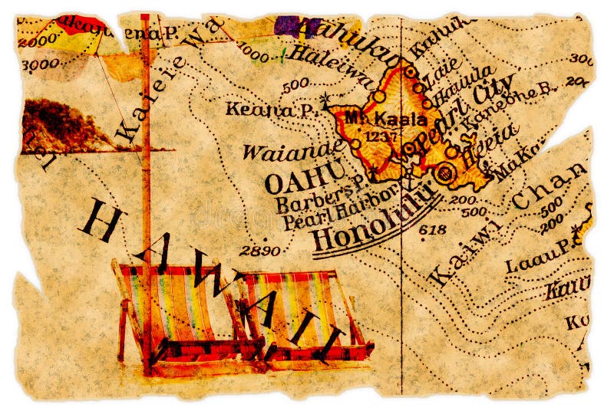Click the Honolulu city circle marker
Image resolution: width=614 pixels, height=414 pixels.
click(443, 174)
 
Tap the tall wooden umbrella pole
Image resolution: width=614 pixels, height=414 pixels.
click(146, 192)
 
